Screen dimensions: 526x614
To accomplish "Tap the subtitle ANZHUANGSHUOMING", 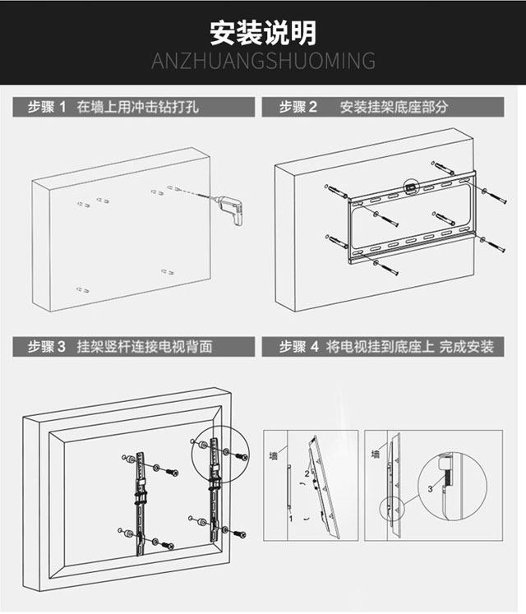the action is point(263,62).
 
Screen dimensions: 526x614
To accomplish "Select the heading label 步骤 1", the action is point(46,108).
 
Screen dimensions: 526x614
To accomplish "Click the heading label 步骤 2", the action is point(298,108).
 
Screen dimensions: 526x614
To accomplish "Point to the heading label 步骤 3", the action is point(46,346).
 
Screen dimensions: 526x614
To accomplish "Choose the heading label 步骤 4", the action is point(298,346).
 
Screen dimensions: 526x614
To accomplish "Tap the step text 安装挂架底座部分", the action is point(394,108).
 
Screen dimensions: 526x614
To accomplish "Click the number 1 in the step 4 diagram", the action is point(290,519).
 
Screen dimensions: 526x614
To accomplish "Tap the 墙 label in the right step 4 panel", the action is point(376,454).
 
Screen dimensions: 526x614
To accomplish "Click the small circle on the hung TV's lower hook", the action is point(390,509).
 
